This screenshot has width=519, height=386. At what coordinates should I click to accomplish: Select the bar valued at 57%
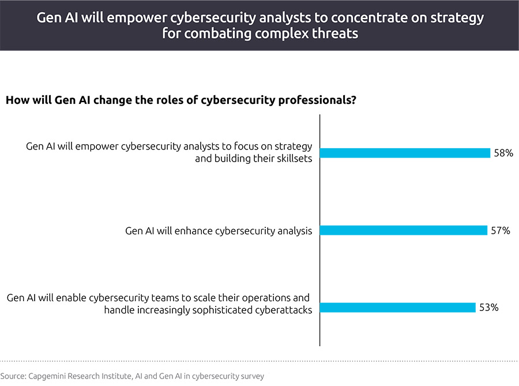pos(403,230)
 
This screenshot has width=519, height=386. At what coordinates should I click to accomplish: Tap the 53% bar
pos(397,308)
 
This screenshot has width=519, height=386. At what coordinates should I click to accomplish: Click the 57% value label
pos(501,230)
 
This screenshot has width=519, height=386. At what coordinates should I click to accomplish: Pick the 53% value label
pos(488,308)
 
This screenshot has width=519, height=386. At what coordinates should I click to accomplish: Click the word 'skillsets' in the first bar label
pos(292,159)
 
